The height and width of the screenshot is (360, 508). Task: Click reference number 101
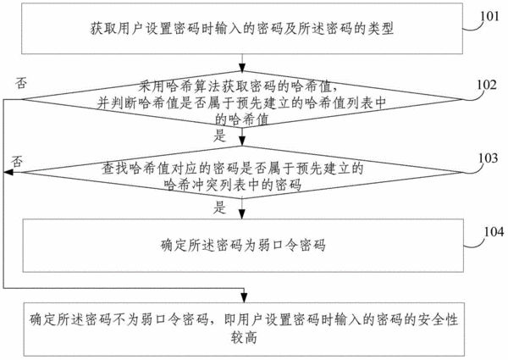[489, 15]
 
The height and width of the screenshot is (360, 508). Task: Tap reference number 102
[487, 85]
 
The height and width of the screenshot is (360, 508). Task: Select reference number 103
[489, 158]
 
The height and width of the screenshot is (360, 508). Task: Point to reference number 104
[494, 232]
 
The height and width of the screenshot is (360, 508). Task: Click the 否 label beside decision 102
[20, 83]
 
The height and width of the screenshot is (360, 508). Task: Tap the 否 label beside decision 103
[17, 161]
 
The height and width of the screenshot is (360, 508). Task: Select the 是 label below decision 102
[220, 136]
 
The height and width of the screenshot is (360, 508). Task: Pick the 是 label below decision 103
[220, 208]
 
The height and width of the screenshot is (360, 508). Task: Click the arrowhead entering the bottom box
[244, 298]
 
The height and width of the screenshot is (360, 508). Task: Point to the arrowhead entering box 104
[242, 214]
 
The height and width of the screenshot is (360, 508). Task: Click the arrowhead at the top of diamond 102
[242, 67]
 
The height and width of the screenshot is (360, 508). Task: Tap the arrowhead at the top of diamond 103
[242, 141]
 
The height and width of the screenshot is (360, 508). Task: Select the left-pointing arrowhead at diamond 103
[8, 173]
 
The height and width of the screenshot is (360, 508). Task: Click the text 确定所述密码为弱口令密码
[243, 246]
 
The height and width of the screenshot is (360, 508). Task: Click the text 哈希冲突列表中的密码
[233, 185]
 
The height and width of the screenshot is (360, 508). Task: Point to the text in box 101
[241, 29]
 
